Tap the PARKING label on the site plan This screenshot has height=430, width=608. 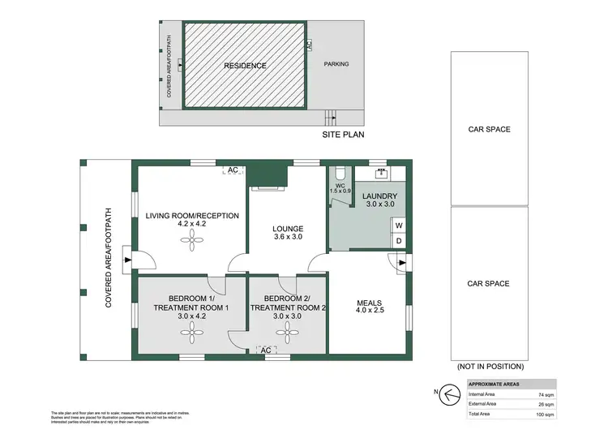tap(336, 64)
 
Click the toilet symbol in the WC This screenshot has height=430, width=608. tap(341, 172)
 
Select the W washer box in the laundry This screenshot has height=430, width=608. tap(399, 226)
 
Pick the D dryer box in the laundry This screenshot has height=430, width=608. tap(399, 240)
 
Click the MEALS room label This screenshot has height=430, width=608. tap(369, 306)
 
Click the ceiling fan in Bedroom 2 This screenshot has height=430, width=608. tap(287, 329)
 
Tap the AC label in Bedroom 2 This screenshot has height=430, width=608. tap(264, 350)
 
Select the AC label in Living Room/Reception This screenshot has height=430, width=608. tap(232, 170)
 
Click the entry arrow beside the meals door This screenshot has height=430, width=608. tap(392, 260)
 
